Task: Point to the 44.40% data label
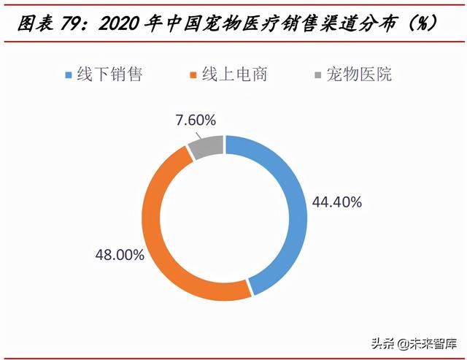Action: (337, 203)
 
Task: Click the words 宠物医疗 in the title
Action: (231, 24)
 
